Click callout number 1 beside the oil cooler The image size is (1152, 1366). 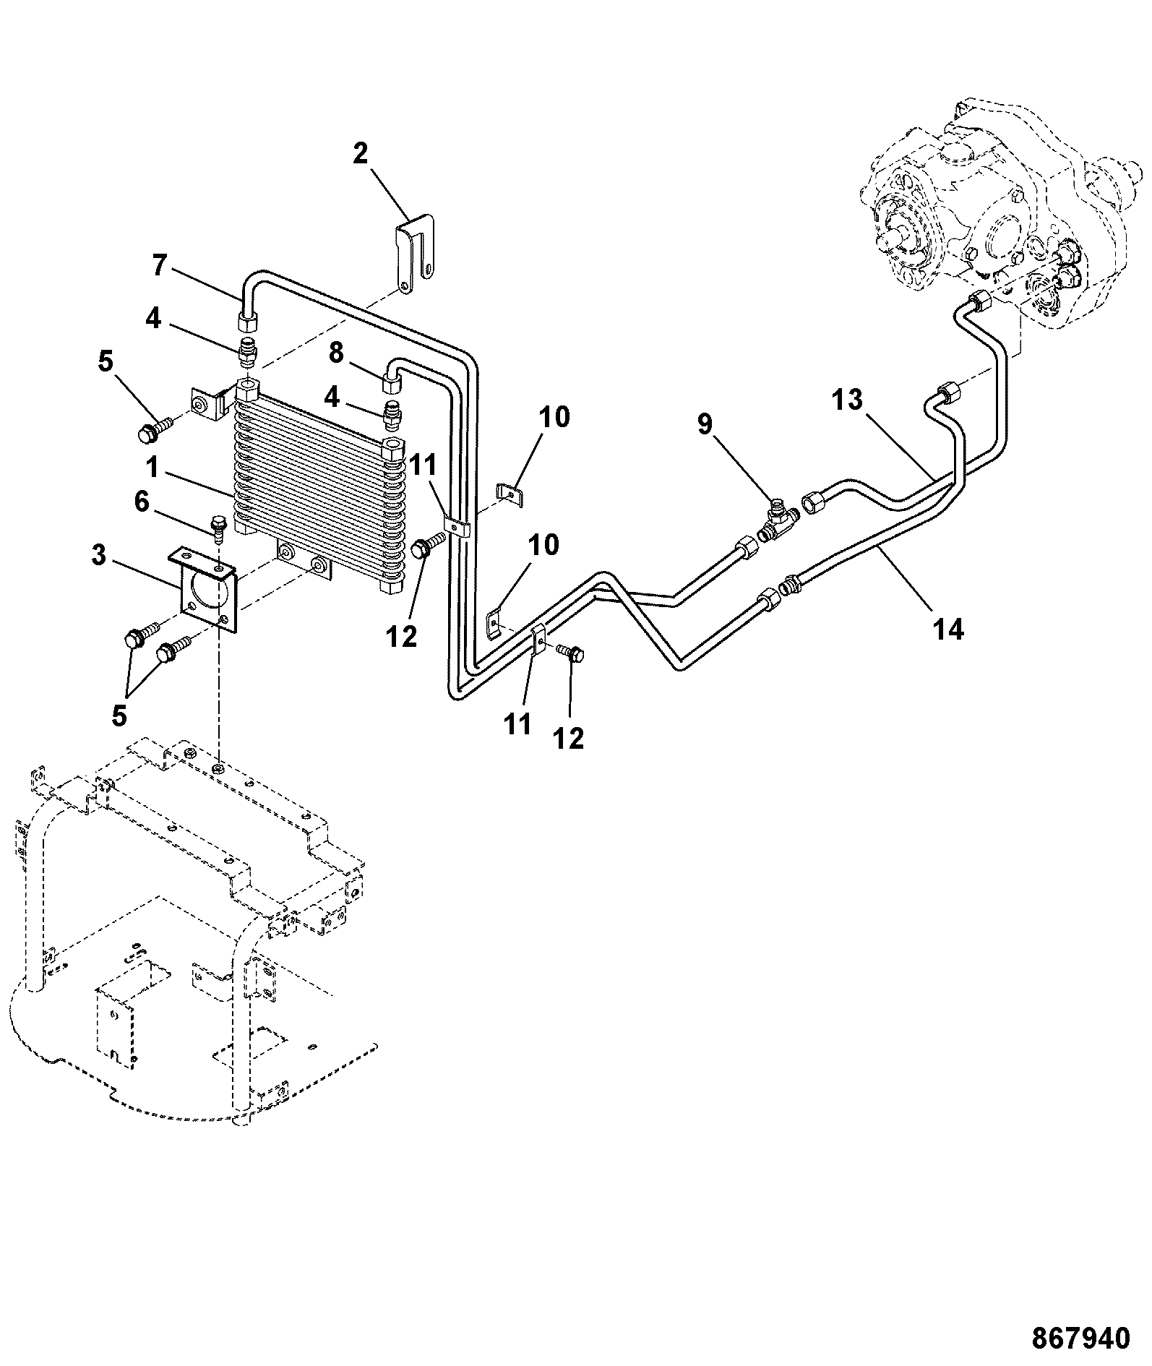152,468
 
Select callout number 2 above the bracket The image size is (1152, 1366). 360,154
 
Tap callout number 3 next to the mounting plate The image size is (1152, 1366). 99,556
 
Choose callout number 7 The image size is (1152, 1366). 161,265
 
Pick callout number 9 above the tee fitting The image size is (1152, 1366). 705,424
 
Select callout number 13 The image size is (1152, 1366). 848,400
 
